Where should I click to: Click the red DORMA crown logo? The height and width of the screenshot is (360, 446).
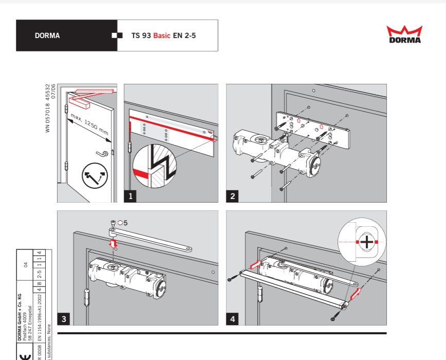coord(404,34)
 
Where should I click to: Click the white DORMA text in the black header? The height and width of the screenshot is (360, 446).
coord(47,36)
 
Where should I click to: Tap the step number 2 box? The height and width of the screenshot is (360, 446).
coord(233,195)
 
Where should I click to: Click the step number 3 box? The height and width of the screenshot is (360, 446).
coord(64,319)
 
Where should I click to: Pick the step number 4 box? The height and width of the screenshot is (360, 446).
coord(233,319)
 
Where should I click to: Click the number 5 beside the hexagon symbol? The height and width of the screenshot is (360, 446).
coord(125,223)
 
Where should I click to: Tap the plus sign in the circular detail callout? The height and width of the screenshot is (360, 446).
coord(366,242)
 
